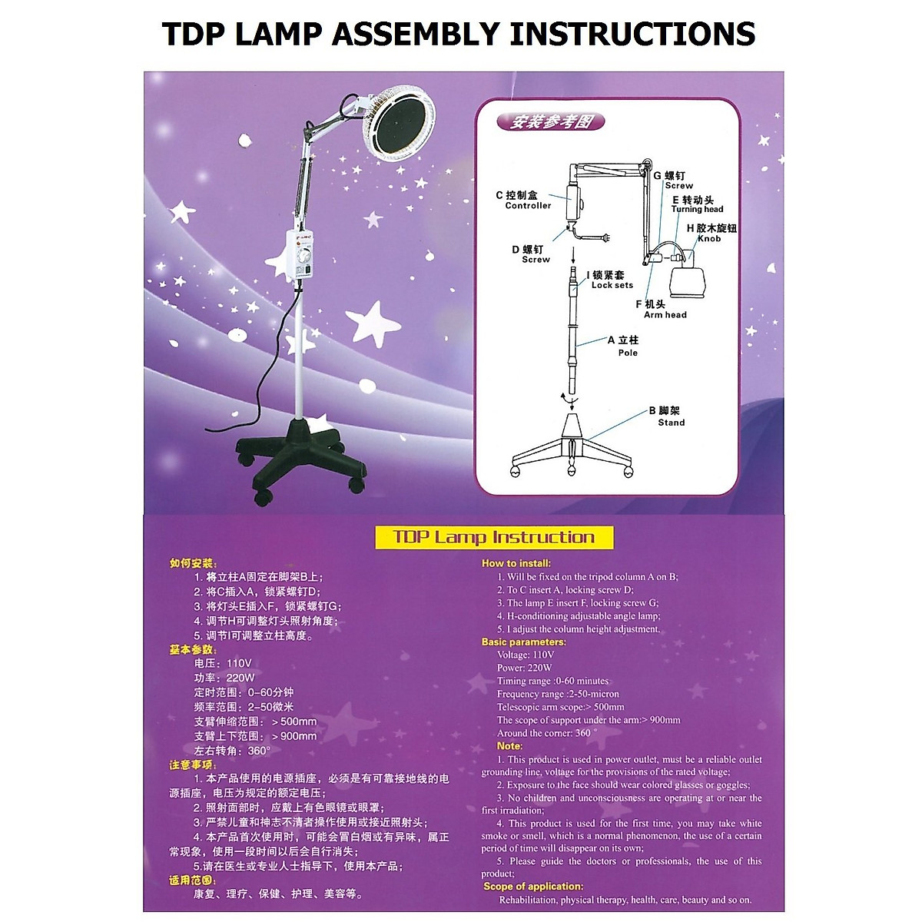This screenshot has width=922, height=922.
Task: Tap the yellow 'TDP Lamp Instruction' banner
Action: pos(494,537)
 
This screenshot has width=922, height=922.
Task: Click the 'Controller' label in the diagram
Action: pos(528,206)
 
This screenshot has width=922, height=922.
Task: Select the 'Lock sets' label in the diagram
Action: pos(612,285)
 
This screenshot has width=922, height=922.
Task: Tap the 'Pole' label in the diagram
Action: pos(628,353)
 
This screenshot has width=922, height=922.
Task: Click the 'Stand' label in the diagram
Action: pos(671,423)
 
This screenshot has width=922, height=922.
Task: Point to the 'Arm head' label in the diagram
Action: pos(665,315)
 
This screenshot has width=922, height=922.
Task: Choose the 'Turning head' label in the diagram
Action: pos(697,209)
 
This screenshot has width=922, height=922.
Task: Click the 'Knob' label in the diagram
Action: pos(708,239)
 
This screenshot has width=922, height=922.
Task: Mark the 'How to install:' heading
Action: pos(516,563)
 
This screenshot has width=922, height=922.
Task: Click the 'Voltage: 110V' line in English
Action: pos(525,655)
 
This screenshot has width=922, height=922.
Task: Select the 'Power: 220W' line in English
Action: pos(524,668)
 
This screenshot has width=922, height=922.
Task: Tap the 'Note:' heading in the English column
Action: pos(509,746)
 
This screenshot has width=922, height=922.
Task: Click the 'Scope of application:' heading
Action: pos(533,886)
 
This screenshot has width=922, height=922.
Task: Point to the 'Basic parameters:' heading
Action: pos(523,642)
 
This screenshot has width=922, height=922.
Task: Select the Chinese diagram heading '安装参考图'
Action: pos(549,121)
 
